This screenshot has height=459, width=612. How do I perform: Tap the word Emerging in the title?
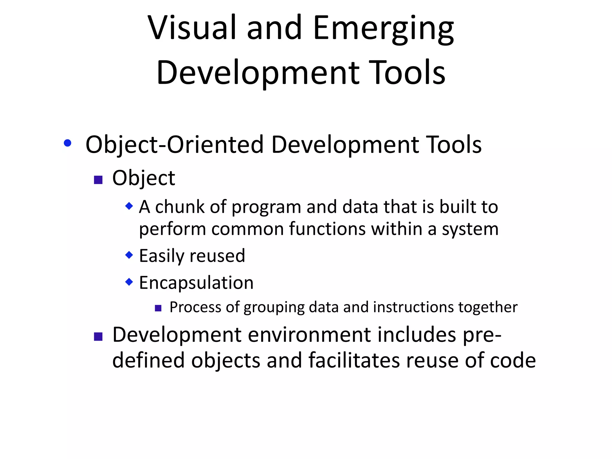[384, 29]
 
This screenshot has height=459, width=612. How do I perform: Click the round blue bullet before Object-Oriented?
[68, 143]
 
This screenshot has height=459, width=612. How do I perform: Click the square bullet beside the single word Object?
[98, 180]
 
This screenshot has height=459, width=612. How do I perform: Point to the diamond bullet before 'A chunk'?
[129, 206]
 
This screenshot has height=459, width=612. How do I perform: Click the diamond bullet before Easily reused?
[129, 255]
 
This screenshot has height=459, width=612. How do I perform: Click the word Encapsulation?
[196, 283]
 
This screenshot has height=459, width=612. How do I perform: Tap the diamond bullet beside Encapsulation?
[129, 281]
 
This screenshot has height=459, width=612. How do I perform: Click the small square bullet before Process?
[158, 308]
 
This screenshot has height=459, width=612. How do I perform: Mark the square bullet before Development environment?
[98, 337]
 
